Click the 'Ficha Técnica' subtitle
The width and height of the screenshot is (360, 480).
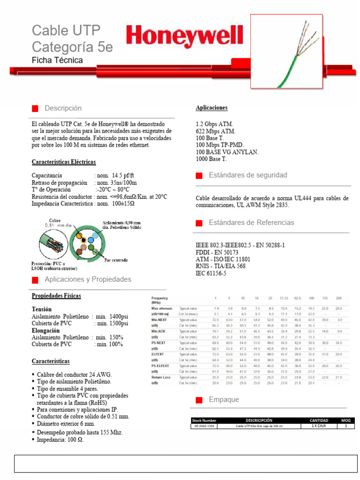(x=57, y=60)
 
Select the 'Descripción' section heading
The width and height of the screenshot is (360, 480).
(x=63, y=108)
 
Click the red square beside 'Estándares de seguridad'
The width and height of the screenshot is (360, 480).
(x=199, y=175)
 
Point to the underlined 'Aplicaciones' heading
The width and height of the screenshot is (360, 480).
(x=211, y=108)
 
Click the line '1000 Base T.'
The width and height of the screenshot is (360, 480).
(x=211, y=159)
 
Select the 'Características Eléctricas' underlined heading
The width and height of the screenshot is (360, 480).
(x=64, y=162)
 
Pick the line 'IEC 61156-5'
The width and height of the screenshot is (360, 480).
(x=210, y=273)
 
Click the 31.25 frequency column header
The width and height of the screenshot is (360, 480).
(x=284, y=298)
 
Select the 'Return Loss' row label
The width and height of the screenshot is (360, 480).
(x=161, y=377)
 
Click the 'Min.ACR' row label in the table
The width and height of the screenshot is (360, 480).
(x=159, y=331)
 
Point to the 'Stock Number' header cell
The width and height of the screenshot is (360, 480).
(x=204, y=420)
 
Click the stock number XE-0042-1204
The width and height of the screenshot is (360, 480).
(x=204, y=427)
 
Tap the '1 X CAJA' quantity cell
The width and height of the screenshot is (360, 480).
(x=319, y=427)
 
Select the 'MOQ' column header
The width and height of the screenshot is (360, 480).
(x=346, y=420)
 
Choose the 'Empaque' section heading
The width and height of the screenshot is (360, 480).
(x=224, y=400)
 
